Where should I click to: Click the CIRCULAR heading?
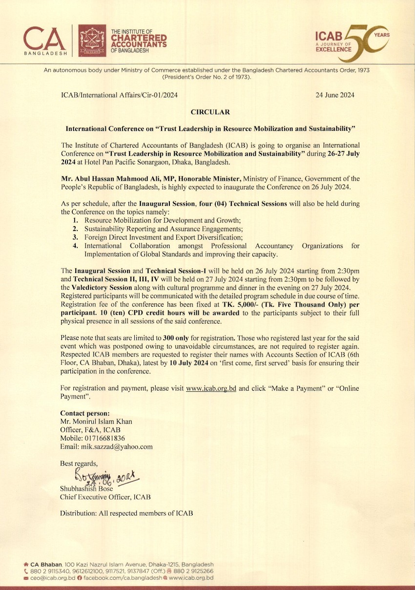coord(210,112)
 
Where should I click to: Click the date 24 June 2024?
coord(335,95)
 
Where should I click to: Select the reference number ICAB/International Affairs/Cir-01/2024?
coord(119,95)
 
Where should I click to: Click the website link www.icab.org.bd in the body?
coord(211,389)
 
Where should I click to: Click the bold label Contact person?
coord(84,413)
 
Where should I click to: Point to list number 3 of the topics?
coord(76,237)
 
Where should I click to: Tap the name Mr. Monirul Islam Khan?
coord(96,421)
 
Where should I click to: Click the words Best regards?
coord(79,463)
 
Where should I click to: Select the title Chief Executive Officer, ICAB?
coord(105,497)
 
